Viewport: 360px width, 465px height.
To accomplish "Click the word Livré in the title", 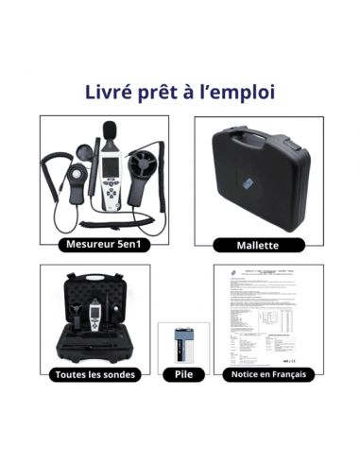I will pyautogui.click(x=110, y=94).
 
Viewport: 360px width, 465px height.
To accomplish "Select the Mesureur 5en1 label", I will pyautogui.click(x=104, y=244).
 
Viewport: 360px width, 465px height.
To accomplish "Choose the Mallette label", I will pyautogui.click(x=258, y=245).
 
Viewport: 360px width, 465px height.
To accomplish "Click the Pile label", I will pyautogui.click(x=182, y=374).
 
